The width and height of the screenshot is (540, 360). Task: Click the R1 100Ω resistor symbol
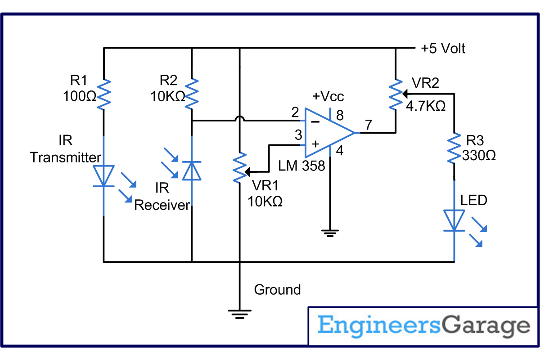tap(103, 94)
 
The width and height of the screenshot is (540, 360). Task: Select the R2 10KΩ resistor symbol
tap(192, 94)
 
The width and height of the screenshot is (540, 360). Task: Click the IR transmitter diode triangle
tap(103, 175)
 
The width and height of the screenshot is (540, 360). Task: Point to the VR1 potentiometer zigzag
tap(239, 167)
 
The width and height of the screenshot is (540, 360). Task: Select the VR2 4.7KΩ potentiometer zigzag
tap(396, 94)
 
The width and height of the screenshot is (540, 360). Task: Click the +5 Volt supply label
tap(443, 48)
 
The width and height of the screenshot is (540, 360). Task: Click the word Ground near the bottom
tap(277, 289)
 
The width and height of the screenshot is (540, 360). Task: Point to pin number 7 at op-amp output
tap(368, 126)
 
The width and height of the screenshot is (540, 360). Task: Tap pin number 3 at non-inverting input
tap(297, 135)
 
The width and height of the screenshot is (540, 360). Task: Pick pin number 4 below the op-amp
tap(340, 151)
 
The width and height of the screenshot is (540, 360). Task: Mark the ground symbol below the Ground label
tap(239, 313)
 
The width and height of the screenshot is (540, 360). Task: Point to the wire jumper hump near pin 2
tap(239, 120)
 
